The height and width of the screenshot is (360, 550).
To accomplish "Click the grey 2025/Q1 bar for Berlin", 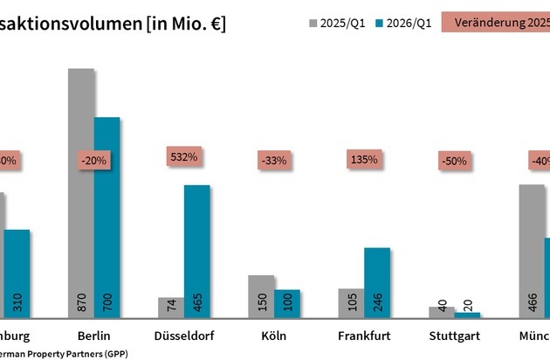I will (81, 192).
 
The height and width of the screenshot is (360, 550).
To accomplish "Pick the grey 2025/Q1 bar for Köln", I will (261, 296).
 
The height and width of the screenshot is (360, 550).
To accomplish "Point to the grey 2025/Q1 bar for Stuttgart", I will (441, 312).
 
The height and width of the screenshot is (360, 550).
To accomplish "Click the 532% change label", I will (183, 157).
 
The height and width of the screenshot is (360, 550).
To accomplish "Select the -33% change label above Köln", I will (275, 161).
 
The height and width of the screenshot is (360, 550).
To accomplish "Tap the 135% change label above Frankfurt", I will (364, 160).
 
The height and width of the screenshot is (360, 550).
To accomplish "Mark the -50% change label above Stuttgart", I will (455, 161).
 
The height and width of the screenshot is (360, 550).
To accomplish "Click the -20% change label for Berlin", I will (94, 161).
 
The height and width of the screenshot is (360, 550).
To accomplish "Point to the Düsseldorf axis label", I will (184, 336).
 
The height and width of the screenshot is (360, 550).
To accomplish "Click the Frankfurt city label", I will (364, 336).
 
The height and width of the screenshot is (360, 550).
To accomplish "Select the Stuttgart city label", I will (455, 336).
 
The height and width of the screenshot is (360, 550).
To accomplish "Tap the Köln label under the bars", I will (274, 336).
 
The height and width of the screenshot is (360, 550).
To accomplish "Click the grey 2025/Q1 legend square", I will (313, 24).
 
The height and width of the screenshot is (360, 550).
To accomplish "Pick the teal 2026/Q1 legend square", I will (381, 24).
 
